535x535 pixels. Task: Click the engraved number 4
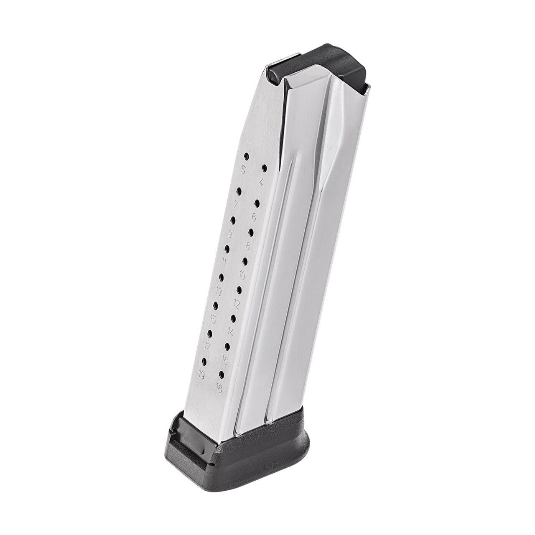[x=261, y=182]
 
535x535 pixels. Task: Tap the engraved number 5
[x=242, y=170]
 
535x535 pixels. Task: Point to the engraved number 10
[x=242, y=275]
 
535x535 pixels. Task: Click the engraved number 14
[x=230, y=331]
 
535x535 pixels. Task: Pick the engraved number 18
[x=219, y=387]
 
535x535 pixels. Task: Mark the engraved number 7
[x=236, y=204]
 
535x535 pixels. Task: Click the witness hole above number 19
[x=204, y=360]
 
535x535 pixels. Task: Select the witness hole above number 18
[x=222, y=373]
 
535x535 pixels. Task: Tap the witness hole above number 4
[x=264, y=168]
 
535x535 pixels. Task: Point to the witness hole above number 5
[x=246, y=157]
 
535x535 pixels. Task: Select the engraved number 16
[x=224, y=359]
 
